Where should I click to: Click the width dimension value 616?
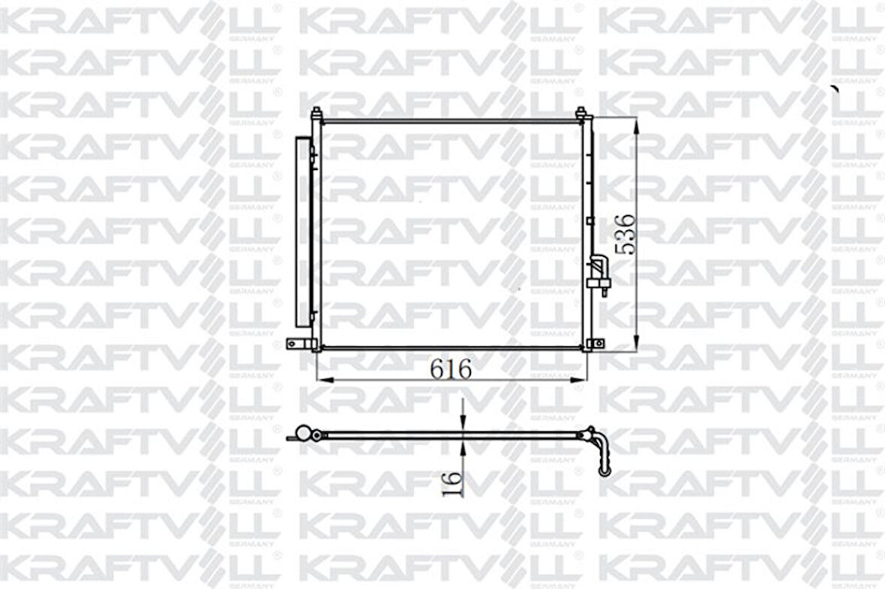(x=451, y=369)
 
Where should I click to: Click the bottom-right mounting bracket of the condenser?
(x=596, y=344)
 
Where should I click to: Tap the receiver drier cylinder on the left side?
(x=304, y=232)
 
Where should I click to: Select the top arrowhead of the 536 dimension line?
(x=637, y=126)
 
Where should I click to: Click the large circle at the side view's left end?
(x=304, y=434)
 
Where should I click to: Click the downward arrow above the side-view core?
(x=463, y=423)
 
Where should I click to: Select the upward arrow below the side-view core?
(x=463, y=447)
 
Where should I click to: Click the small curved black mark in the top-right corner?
(x=834, y=89)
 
